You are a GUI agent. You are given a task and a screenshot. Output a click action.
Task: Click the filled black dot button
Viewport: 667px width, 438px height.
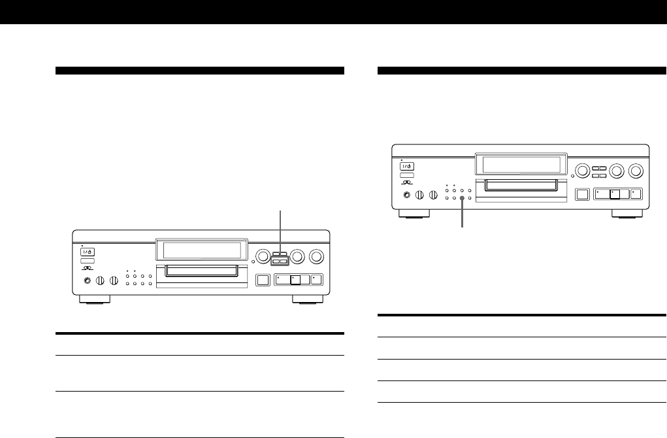(x=462, y=197)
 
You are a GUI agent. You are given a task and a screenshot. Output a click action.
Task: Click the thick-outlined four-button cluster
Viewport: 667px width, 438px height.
(x=281, y=258)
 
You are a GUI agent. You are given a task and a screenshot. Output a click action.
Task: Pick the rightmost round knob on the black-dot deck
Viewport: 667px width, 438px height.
(x=633, y=172)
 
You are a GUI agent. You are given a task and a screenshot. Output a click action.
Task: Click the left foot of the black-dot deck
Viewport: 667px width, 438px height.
(x=413, y=213)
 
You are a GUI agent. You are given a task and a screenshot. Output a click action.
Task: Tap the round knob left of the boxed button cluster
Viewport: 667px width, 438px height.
(x=262, y=256)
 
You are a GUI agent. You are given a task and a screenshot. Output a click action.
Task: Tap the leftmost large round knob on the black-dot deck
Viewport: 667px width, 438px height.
(x=579, y=172)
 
